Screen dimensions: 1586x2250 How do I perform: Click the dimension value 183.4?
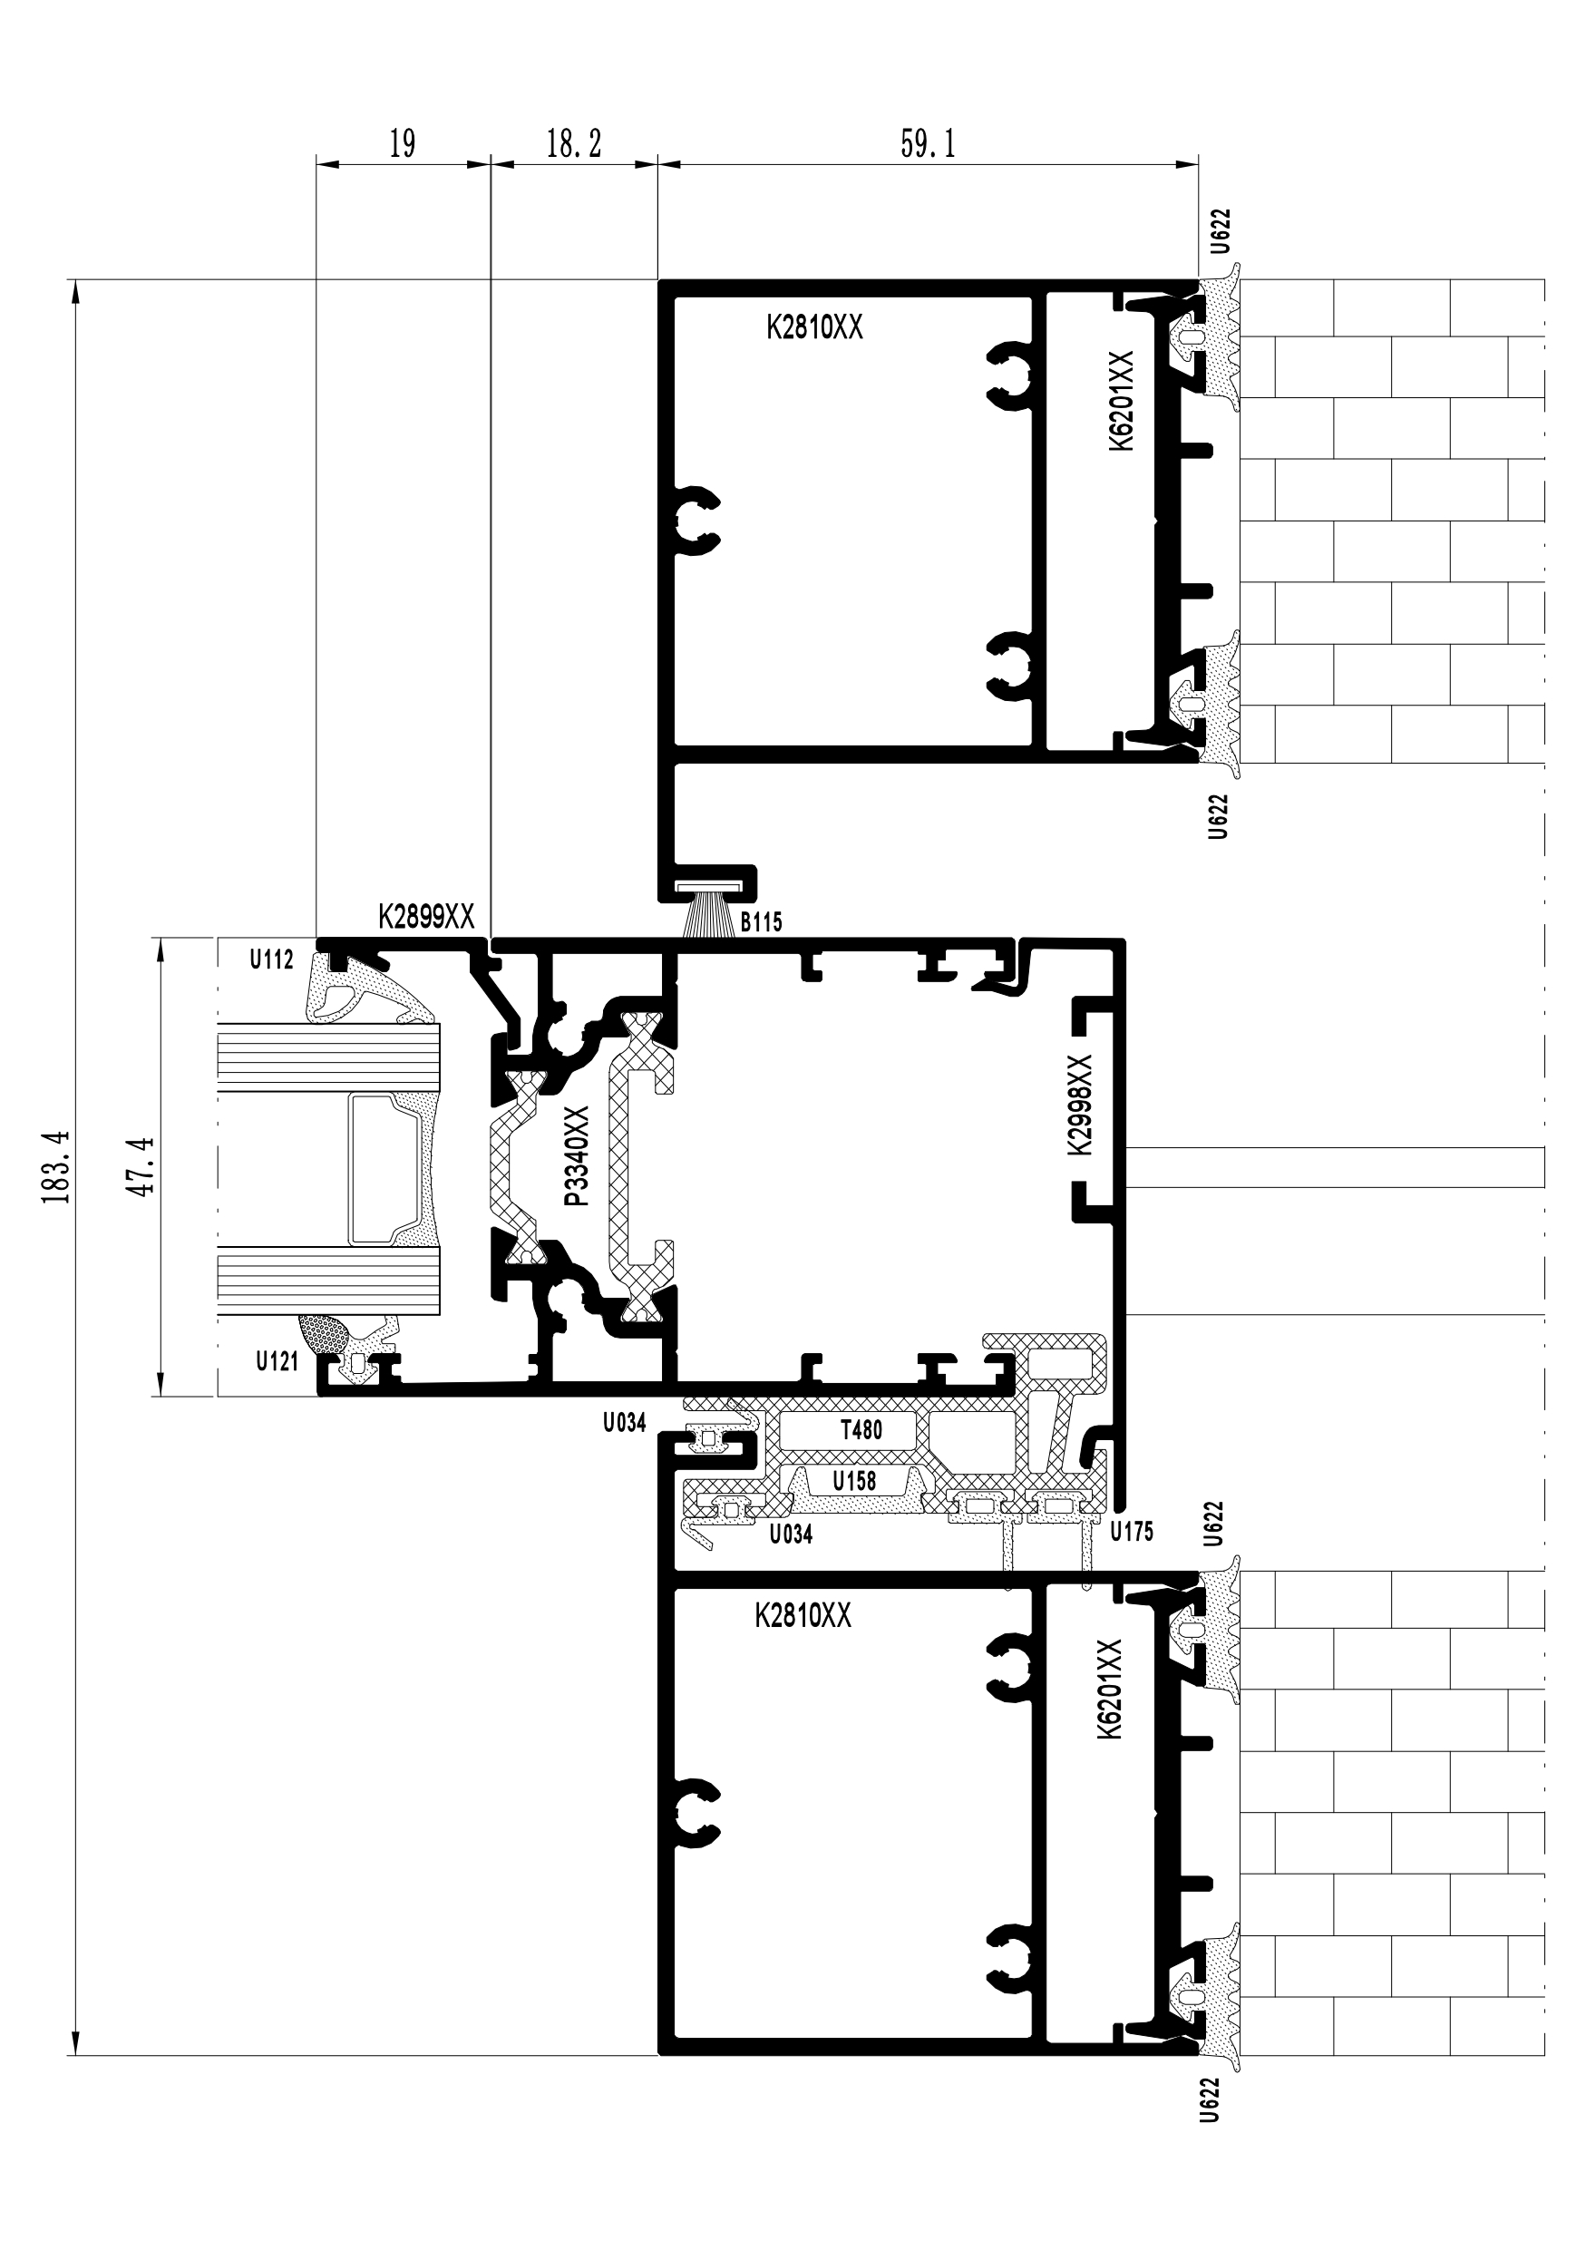57,1167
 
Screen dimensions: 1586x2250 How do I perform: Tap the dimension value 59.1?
927,144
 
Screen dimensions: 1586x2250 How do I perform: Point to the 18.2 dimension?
573,144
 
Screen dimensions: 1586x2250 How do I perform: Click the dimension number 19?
403,144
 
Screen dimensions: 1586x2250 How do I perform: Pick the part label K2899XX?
426,917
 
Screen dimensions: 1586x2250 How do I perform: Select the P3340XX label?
577,1155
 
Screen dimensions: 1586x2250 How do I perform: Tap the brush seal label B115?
761,921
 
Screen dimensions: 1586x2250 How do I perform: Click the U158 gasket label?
854,1480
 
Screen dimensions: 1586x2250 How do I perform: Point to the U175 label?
1132,1531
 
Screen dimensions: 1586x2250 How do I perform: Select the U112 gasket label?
271,959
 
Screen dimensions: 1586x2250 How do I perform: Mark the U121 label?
277,1360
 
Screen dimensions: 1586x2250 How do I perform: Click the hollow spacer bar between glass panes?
388,1168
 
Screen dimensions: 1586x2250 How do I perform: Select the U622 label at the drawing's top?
1220,231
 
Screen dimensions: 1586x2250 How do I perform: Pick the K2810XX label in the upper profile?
815,327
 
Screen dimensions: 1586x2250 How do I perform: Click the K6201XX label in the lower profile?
1109,1689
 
